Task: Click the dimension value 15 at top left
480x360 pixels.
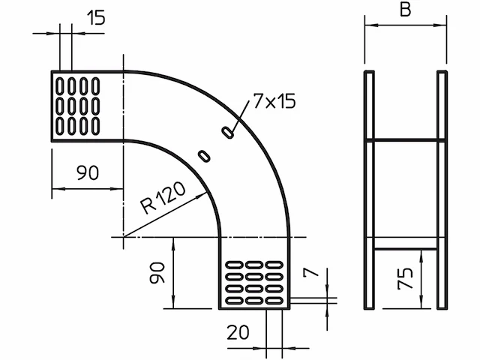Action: click(95, 18)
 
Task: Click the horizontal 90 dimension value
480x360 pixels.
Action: click(88, 173)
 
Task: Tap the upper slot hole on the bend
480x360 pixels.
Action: click(227, 132)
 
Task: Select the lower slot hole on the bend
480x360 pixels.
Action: click(203, 155)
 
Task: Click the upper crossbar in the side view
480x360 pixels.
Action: click(405, 140)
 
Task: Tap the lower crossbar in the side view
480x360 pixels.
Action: click(405, 249)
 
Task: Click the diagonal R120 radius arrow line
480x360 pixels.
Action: click(165, 214)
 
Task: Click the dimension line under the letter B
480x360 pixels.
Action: click(405, 24)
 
